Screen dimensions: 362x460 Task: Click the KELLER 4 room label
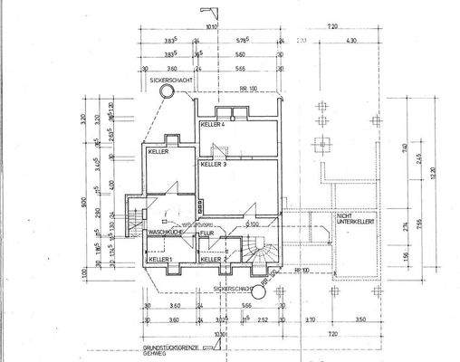click(213, 123)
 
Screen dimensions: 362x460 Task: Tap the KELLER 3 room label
click(214, 165)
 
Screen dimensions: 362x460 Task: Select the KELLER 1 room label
click(159, 260)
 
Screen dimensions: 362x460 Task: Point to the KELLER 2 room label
click(212, 260)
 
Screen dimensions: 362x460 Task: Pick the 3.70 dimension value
click(309, 319)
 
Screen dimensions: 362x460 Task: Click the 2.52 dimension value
click(263, 319)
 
